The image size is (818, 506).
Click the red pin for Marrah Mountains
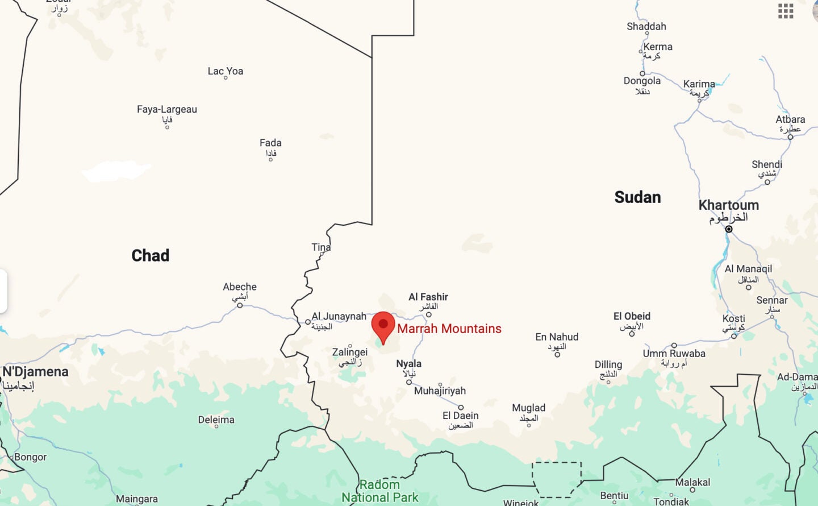tap(383, 326)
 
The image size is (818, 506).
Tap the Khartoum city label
tap(728, 205)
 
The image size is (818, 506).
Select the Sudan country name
tap(637, 197)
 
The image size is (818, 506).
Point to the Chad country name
tap(151, 255)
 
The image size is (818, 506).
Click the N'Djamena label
tap(36, 372)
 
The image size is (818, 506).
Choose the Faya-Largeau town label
tap(167, 109)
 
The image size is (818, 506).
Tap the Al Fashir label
tap(428, 297)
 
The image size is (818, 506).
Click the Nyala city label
tap(408, 364)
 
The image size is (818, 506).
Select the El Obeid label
tap(632, 316)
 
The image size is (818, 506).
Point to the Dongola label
tap(642, 81)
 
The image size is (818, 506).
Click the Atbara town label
tap(790, 119)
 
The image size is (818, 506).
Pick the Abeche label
tap(240, 287)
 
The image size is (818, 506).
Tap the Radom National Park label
tap(379, 491)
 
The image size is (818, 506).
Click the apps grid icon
tap(786, 11)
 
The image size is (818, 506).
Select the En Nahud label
tap(557, 337)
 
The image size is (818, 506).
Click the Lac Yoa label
tap(226, 71)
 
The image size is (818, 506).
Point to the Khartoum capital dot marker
tap(729, 229)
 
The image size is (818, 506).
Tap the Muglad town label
tap(528, 408)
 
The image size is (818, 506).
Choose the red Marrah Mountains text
tap(449, 329)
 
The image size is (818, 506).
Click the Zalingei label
tap(350, 352)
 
